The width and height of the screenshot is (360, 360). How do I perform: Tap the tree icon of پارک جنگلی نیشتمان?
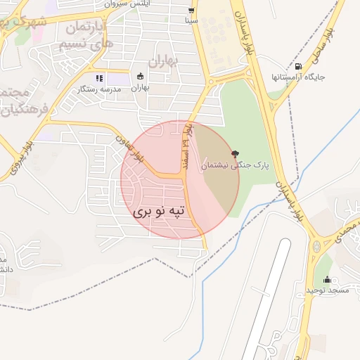point(235,153)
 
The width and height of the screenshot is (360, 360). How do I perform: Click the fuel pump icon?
point(299,67)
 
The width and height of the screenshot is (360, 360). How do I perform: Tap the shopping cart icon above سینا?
point(191,11)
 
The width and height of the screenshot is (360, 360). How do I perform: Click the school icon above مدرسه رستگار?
point(98,78)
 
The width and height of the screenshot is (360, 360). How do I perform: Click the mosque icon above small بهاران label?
point(141,76)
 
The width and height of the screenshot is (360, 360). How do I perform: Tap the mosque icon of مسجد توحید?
point(326,280)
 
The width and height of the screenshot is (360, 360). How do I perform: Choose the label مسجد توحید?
point(327,290)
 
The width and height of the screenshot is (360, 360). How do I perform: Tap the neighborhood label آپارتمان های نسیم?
point(84,35)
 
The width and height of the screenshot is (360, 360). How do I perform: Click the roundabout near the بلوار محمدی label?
point(317,247)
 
